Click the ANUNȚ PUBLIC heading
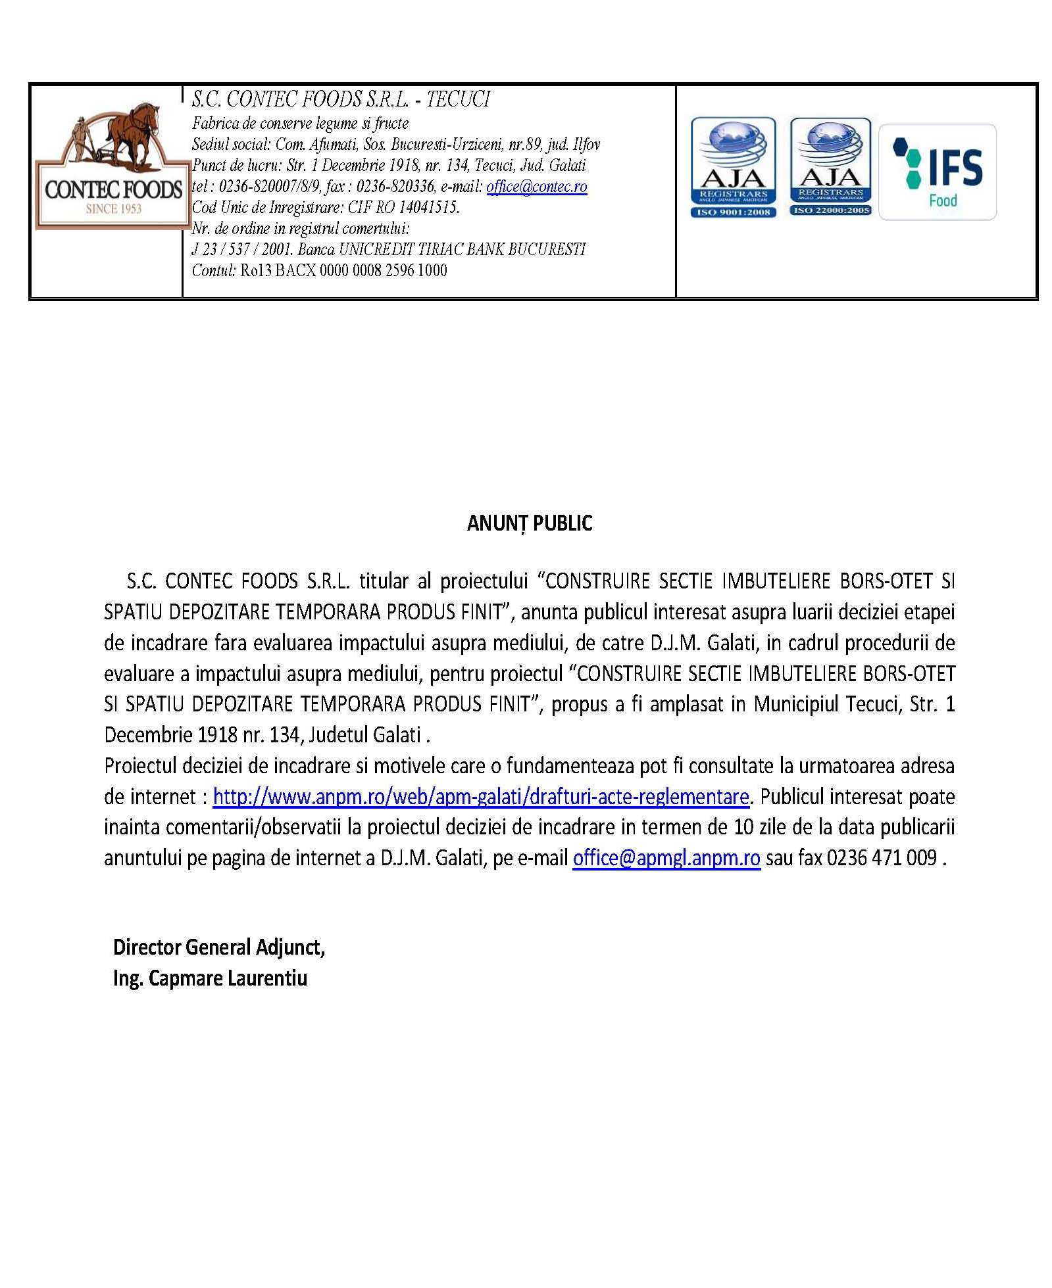[x=529, y=523]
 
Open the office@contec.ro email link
[x=536, y=187]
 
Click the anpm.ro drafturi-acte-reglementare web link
[x=481, y=797]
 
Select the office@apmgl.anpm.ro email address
[x=666, y=858]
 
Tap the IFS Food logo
[x=937, y=171]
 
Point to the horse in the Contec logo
[x=125, y=135]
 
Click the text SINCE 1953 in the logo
[x=114, y=209]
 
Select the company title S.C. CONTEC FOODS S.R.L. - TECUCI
[x=341, y=100]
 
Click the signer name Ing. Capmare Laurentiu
[x=210, y=978]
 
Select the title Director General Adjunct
[x=218, y=947]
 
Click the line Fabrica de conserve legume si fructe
[x=300, y=123]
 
